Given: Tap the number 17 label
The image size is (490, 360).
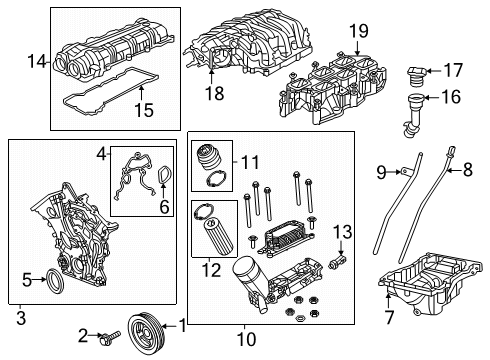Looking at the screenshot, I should (x=453, y=70).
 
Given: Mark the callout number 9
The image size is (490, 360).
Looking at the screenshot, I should (x=379, y=173).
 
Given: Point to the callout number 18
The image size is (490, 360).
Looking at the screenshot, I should (x=213, y=93).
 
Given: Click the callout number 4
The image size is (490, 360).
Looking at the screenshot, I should (x=101, y=154).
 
